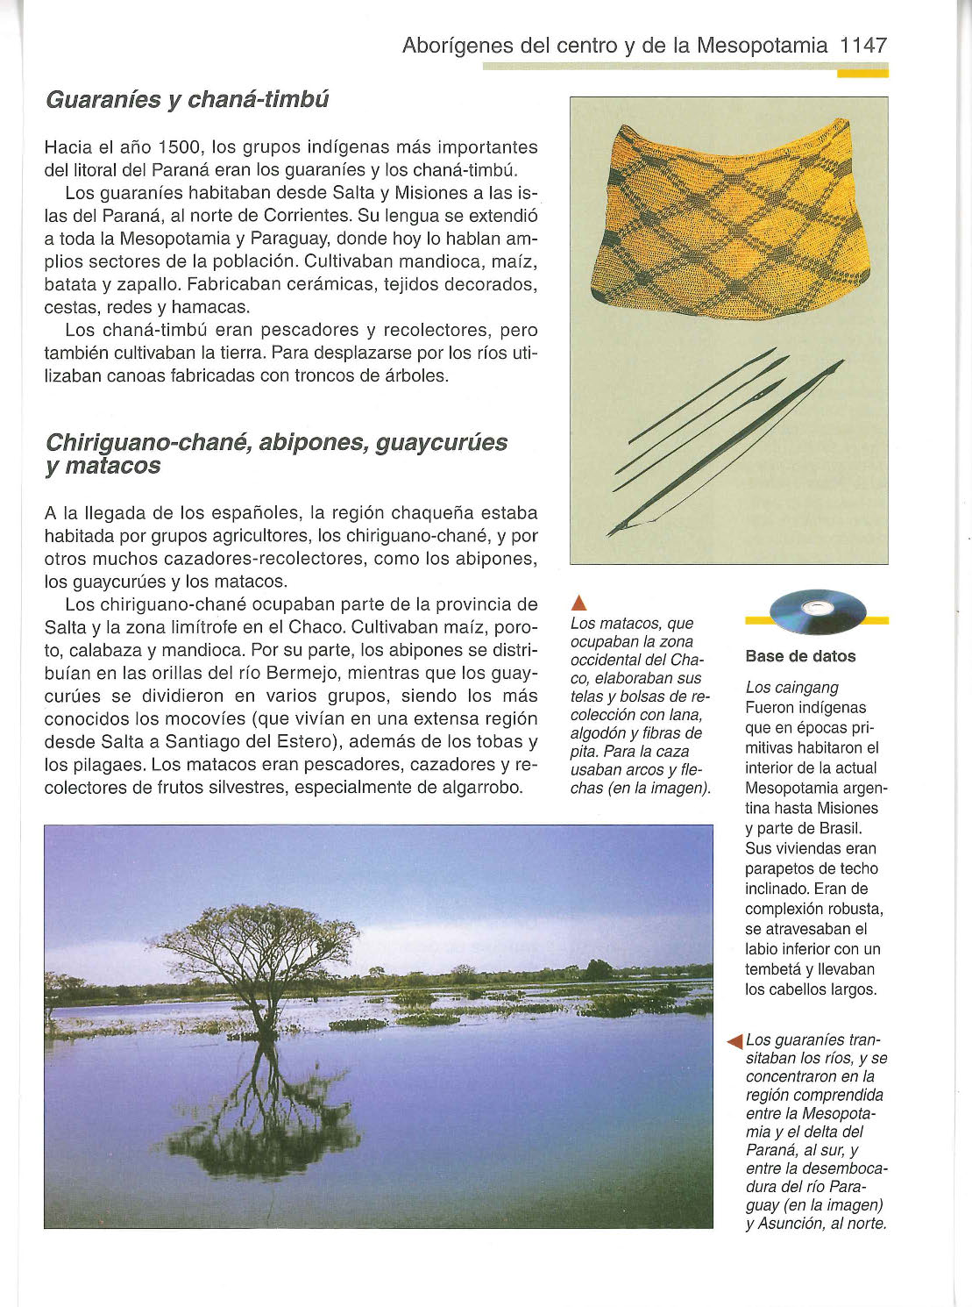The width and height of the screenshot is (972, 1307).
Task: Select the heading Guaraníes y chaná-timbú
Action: pyautogui.click(x=187, y=99)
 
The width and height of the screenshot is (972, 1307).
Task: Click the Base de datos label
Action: pyautogui.click(x=799, y=656)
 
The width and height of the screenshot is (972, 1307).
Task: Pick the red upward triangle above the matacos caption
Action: pyautogui.click(x=578, y=603)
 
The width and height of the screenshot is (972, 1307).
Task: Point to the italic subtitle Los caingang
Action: pyautogui.click(x=791, y=688)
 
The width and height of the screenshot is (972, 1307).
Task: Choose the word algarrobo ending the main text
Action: pyautogui.click(x=481, y=787)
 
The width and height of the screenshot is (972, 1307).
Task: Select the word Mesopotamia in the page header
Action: pyautogui.click(x=761, y=46)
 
